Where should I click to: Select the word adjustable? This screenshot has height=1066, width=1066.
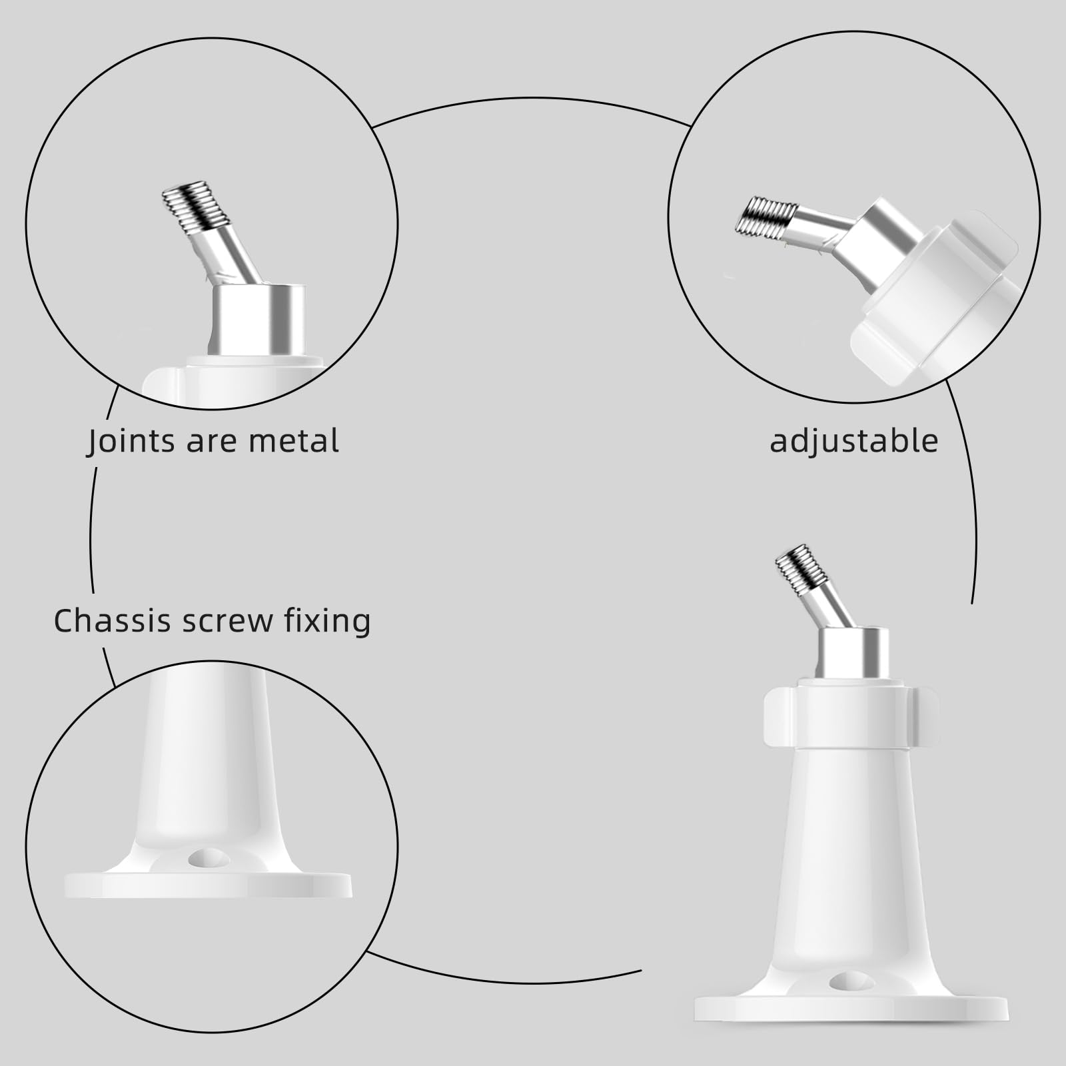point(853,441)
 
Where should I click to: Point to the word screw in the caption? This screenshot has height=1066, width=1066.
point(227,622)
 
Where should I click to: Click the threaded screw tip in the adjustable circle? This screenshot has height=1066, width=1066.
point(766,215)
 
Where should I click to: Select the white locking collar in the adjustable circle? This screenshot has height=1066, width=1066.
point(933,300)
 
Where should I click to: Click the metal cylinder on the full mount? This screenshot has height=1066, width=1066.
point(853,653)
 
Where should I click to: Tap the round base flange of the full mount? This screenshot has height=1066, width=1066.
point(851,1009)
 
